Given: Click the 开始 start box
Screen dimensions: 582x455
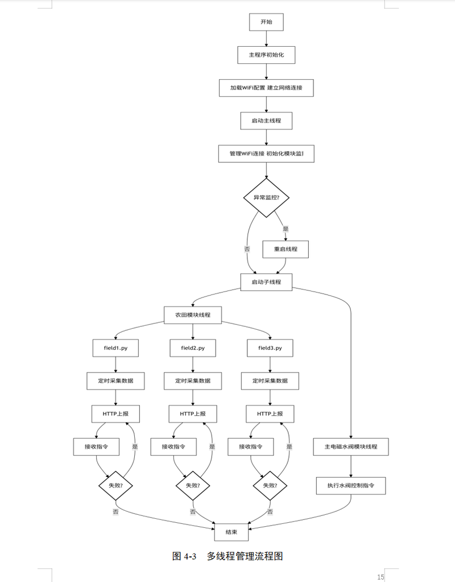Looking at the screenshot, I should point(266,22).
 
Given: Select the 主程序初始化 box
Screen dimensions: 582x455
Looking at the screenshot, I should point(266,55).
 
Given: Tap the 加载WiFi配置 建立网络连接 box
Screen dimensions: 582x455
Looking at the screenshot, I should point(266,88).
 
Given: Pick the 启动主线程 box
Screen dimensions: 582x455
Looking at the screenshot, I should point(266,121).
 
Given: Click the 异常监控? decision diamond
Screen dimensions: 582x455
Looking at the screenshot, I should point(266,197).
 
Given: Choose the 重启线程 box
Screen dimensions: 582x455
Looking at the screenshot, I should point(286,249).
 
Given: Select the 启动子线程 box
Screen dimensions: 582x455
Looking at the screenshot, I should point(266,282).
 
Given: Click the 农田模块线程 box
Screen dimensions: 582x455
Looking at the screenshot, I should point(193,315).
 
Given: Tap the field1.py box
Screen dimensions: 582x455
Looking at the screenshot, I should point(116,348).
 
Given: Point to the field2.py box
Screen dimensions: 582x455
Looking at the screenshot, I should point(193,348).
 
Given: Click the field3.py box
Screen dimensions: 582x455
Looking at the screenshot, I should point(270,348).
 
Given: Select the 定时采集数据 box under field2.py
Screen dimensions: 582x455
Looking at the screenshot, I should point(193,381).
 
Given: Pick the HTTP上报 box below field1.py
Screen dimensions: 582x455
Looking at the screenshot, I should point(116,414).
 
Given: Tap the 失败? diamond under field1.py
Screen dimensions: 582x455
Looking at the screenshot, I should point(116,485).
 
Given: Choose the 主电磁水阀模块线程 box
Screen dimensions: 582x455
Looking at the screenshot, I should point(351,447).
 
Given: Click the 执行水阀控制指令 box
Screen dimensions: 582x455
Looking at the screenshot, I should point(351,485).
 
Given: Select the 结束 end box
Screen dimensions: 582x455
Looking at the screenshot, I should point(231,531).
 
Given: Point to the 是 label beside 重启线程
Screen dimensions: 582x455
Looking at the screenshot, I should point(286,229).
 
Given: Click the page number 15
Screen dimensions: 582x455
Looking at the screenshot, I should point(380,577).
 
